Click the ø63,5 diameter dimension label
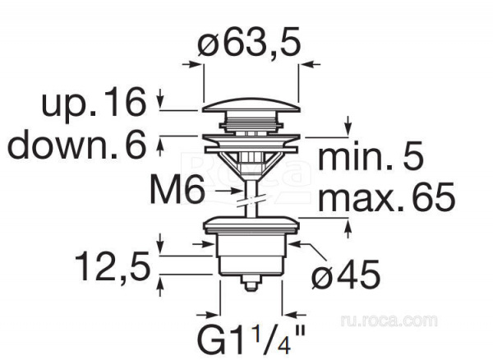click(249, 42)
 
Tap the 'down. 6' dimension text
click(77, 145)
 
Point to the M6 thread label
click(177, 190)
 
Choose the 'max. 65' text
click(386, 196)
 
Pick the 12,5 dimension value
click(113, 266)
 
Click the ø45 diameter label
click(346, 274)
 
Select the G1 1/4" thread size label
click(251, 340)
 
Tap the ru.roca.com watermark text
click(389, 321)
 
